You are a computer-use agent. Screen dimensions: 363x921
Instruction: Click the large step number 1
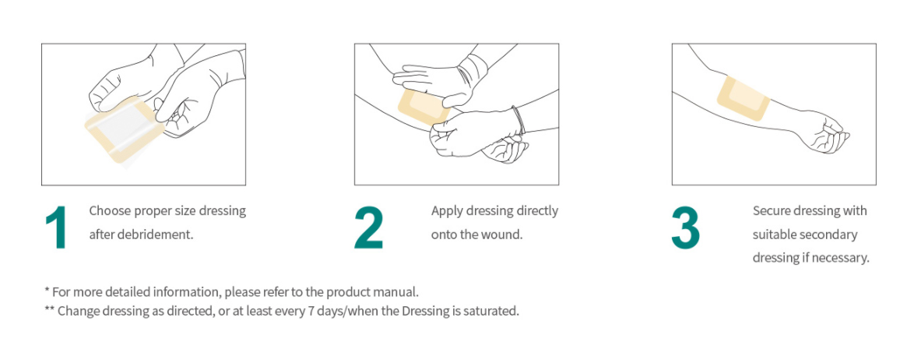pyautogui.click(x=56, y=227)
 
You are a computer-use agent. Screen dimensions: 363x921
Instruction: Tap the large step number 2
pyautogui.click(x=369, y=227)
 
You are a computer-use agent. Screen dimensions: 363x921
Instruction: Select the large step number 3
pyautogui.click(x=686, y=227)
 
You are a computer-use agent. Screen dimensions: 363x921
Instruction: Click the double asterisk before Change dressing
pyautogui.click(x=49, y=311)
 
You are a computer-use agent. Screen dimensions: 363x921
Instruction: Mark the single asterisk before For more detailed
pyautogui.click(x=47, y=292)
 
